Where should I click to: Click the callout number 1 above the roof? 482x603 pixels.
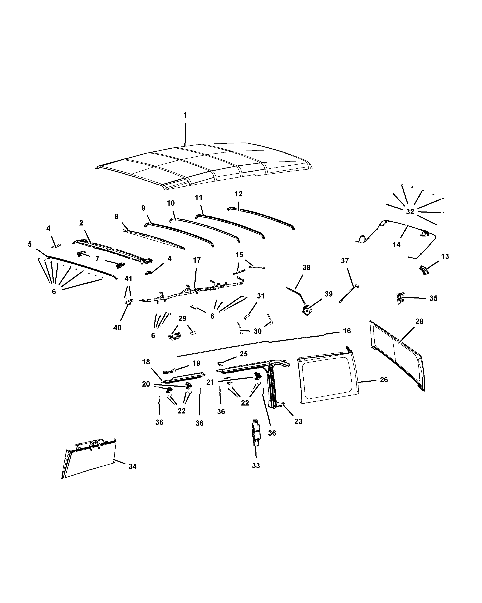tap(185, 115)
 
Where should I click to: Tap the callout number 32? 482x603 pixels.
tap(410, 212)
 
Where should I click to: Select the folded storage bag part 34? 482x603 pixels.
tap(90, 459)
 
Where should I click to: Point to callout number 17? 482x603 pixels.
tap(197, 260)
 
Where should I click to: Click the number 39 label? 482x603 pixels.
tap(329, 294)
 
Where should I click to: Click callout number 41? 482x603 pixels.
tap(128, 279)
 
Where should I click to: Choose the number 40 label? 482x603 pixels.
tap(117, 328)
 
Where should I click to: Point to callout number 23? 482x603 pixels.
tap(298, 421)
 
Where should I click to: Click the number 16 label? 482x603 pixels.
tap(347, 331)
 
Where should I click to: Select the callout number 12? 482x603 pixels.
tap(239, 194)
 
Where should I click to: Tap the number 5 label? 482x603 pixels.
tap(30, 244)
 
